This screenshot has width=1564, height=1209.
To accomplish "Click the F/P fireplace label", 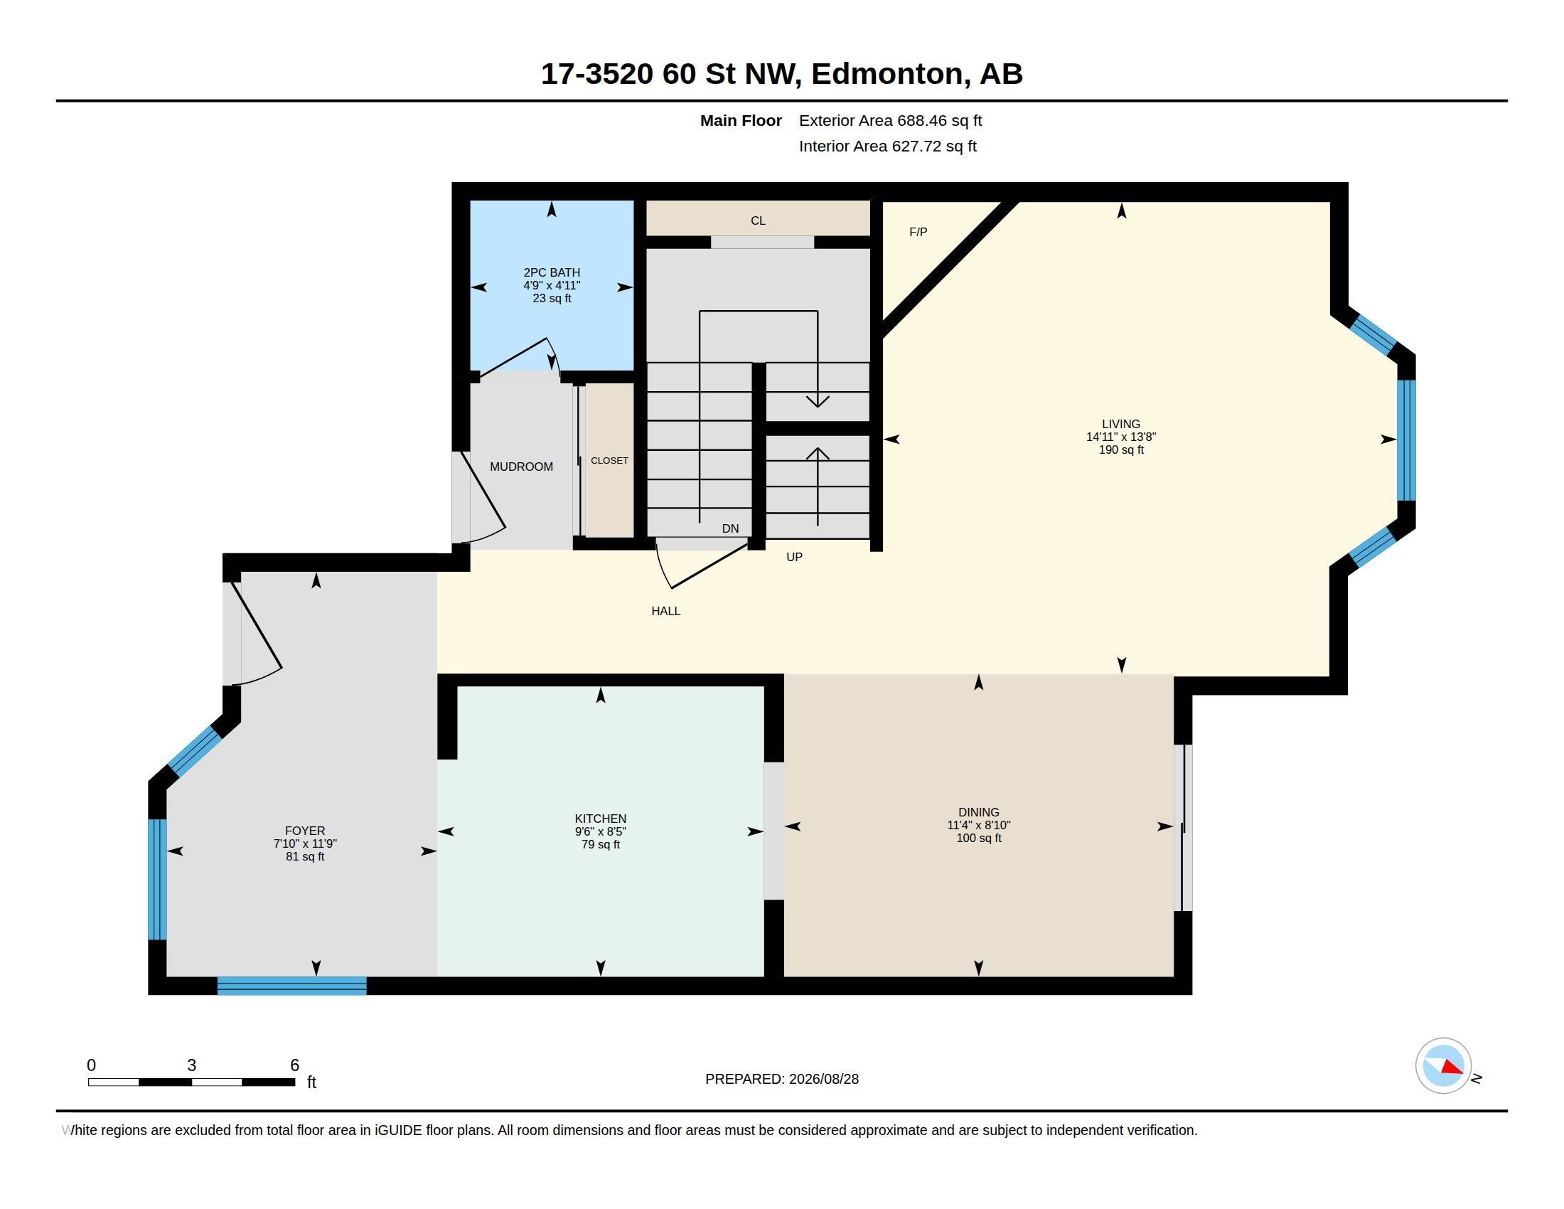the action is click(x=918, y=232).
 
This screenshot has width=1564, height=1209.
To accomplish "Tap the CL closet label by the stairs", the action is click(x=759, y=220).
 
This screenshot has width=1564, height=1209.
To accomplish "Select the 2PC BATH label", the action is click(x=552, y=272).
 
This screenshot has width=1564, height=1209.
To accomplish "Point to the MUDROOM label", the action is click(x=521, y=467).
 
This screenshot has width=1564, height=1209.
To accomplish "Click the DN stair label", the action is click(x=730, y=528).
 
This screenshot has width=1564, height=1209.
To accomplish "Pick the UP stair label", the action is click(x=794, y=557).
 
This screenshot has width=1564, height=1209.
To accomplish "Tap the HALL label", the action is click(x=666, y=611).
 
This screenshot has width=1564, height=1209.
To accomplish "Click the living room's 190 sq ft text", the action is click(x=1121, y=449).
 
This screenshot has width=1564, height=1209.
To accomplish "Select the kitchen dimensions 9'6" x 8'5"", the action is click(x=601, y=831).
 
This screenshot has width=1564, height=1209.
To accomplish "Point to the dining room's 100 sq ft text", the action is click(x=979, y=838).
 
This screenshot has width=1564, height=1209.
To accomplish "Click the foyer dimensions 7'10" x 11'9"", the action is click(x=305, y=843).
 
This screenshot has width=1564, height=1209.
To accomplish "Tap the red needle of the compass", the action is click(x=1452, y=1068).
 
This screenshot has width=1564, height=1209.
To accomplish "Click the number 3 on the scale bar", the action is click(x=192, y=1065).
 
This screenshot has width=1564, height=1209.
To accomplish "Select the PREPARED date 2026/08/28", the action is click(x=823, y=1079).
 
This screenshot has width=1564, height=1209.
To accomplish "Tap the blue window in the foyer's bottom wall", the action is click(x=292, y=986).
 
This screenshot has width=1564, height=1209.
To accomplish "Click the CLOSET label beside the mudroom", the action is click(x=609, y=461).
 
